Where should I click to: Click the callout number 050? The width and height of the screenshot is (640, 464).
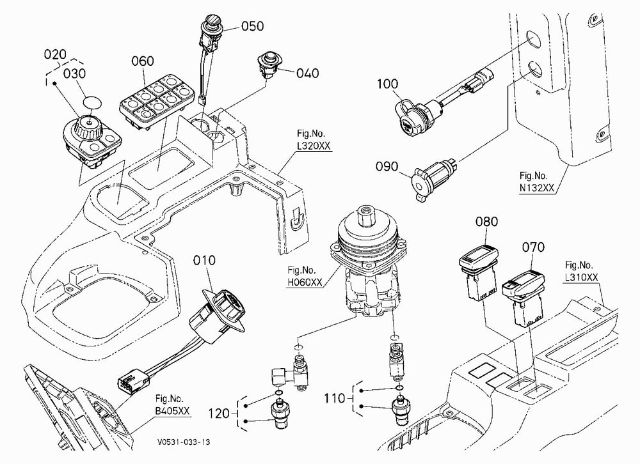point(252,26)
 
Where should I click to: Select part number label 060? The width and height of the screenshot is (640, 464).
point(143,61)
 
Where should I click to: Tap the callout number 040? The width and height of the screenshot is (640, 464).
point(307,73)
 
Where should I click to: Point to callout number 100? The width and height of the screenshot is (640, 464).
point(387,84)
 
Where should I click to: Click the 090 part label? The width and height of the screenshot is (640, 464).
point(387,167)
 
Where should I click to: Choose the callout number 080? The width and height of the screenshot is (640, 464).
point(486,222)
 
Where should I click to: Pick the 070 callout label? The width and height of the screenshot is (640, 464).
point(533,247)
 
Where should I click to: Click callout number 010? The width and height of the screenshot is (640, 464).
point(204,260)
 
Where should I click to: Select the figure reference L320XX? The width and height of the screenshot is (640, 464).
point(314,146)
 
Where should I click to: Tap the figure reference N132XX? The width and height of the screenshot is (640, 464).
point(537,188)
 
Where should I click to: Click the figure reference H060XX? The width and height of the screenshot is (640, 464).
point(305,282)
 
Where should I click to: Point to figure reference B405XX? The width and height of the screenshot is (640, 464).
point(172,411)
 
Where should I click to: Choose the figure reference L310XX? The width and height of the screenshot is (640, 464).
point(581,278)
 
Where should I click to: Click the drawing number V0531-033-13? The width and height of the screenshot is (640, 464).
point(184,442)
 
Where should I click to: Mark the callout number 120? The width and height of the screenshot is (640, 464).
point(219,414)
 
